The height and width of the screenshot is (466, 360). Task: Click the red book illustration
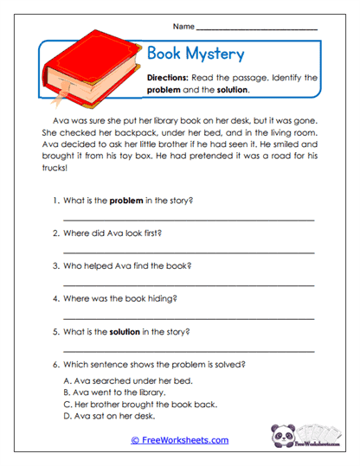click(90, 66)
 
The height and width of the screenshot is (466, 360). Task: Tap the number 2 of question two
click(55, 233)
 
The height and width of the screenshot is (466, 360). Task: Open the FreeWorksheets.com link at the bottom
click(179, 440)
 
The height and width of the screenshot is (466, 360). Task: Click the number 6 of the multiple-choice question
click(55, 364)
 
